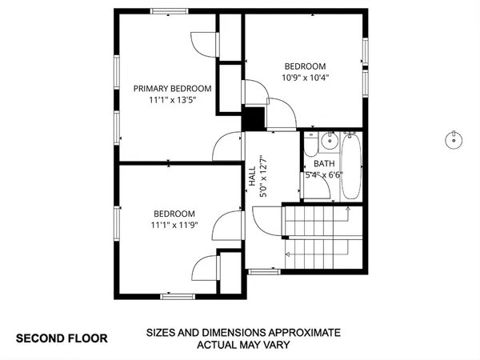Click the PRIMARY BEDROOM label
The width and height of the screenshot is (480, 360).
click(x=172, y=89)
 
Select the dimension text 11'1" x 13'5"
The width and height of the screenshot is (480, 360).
click(x=172, y=101)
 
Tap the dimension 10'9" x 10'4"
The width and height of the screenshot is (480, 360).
click(x=305, y=78)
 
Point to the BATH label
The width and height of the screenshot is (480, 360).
click(x=324, y=163)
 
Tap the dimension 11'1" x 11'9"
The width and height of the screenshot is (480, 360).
click(x=174, y=226)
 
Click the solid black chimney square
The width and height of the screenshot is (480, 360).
click(x=254, y=118)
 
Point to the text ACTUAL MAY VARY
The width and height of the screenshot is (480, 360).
click(x=243, y=346)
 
